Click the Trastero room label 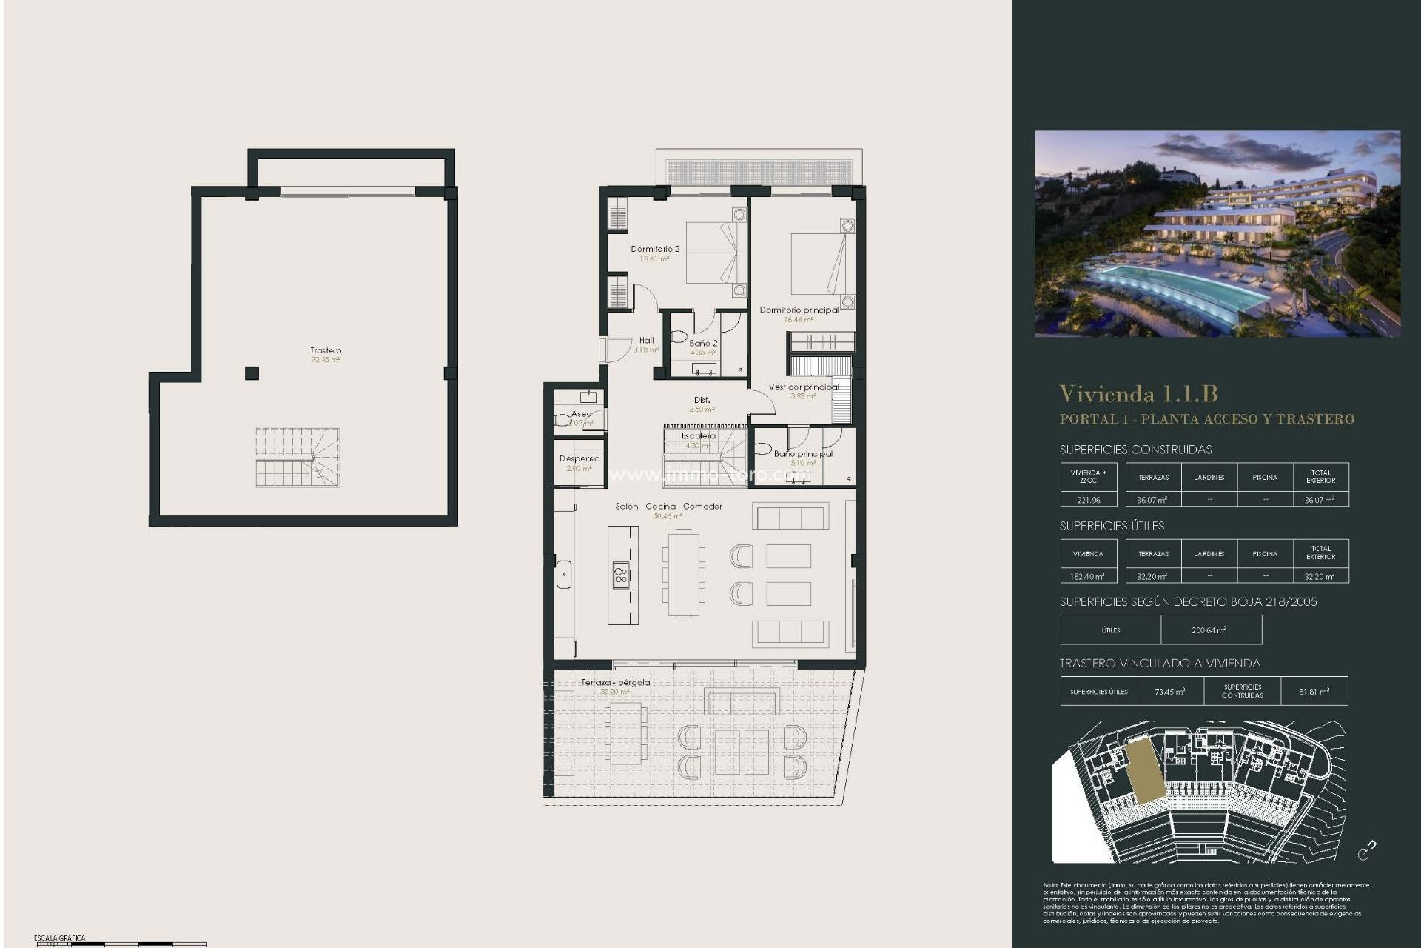point(326,350)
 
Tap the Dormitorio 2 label point(655,249)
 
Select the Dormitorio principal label point(799,310)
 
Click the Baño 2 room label point(703,343)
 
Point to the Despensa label point(580,458)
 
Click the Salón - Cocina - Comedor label point(668,507)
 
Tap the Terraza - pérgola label point(615,682)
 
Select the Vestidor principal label point(803,387)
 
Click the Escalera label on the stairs point(699,436)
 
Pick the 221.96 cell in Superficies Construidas point(1088,500)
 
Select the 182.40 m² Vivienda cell point(1088,576)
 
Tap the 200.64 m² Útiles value point(1209,630)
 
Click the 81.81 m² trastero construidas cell point(1314,692)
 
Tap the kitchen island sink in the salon point(621,574)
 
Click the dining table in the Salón point(684,574)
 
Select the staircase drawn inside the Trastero point(298,457)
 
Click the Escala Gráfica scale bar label point(59,938)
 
